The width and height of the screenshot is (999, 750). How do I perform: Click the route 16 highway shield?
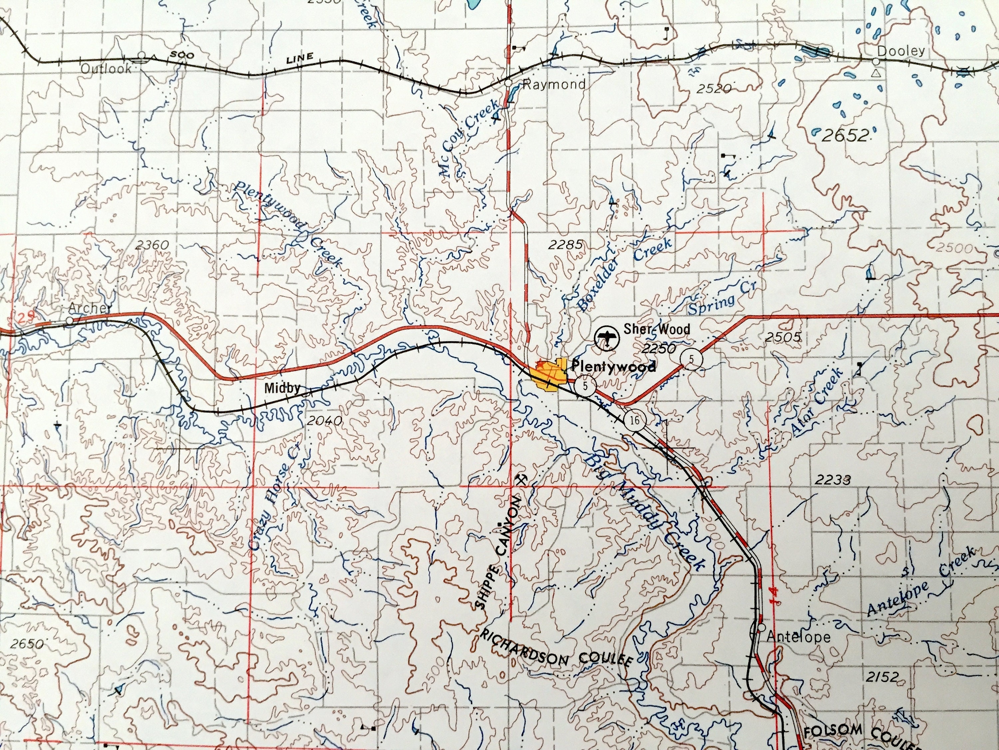pos(635,420)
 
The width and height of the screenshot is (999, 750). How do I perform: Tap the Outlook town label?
pos(107,69)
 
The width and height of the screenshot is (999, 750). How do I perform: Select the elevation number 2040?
pos(323,420)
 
